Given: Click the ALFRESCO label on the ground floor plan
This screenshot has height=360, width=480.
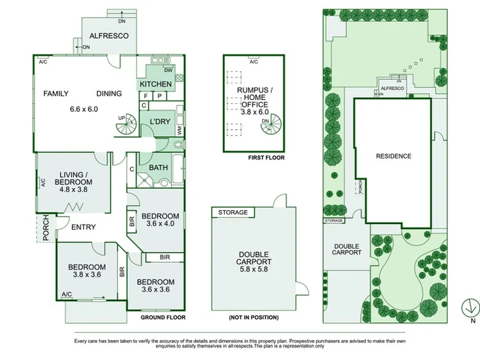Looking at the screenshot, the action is [109, 36].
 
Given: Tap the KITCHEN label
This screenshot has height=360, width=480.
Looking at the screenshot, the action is [155, 84].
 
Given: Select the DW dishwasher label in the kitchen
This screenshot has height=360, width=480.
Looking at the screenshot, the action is [169, 70].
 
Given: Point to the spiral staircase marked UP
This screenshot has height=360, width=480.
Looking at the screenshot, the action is [126, 124].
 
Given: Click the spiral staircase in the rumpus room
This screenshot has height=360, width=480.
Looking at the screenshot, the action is [271, 124].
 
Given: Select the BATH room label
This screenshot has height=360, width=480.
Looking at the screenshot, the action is [158, 168].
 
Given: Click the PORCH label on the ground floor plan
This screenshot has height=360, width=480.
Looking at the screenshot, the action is [46, 228].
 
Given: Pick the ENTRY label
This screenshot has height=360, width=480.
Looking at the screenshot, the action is [83, 227].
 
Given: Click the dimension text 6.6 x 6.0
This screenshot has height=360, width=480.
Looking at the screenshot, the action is [84, 109].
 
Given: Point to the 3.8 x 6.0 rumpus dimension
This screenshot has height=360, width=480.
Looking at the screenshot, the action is [255, 112].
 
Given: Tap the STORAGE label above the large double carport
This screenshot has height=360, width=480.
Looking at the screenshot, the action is [233, 213].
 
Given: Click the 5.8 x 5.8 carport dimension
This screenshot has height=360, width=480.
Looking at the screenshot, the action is [254, 269].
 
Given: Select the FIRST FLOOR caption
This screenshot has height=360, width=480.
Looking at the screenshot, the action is [266, 157].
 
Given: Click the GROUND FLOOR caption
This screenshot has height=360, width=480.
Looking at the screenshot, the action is [163, 317].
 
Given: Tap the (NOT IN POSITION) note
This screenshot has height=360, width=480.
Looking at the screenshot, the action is [254, 317].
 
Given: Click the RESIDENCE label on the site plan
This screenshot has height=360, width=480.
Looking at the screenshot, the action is [394, 156].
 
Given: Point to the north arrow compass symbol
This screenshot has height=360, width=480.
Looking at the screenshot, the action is [471, 308].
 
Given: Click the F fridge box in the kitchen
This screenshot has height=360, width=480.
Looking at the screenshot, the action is [146, 96].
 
